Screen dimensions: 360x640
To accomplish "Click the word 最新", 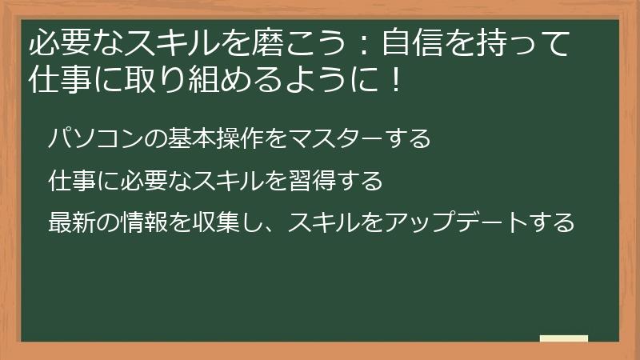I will [x=71, y=222].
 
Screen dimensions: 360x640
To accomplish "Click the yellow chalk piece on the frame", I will [x=564, y=338].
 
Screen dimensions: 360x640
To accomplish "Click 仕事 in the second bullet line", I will [x=71, y=181].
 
